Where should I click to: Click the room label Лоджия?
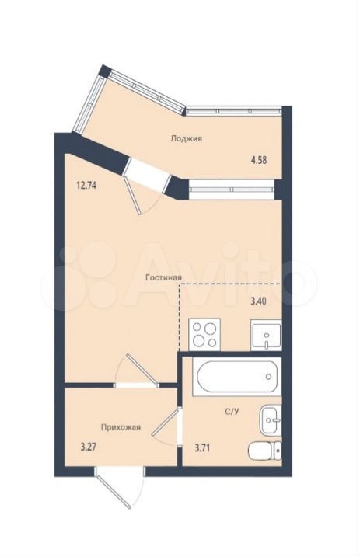click(186, 138)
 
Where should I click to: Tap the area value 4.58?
click(259, 160)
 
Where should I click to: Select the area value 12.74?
click(86, 185)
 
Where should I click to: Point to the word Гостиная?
click(164, 278)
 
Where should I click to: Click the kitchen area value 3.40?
click(259, 301)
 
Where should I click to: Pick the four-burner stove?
click(204, 334)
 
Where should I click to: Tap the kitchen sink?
click(266, 335)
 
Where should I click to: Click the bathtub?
click(237, 377)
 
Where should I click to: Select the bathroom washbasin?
click(271, 419)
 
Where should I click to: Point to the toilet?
click(265, 451)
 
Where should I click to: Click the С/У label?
click(232, 412)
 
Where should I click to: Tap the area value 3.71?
click(202, 448)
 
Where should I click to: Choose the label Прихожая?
click(121, 427)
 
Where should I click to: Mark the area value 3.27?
click(89, 447)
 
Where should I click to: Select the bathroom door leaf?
click(165, 423)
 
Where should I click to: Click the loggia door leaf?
click(131, 195)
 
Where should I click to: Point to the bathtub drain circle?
click(269, 377)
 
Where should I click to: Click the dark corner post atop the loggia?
click(104, 71)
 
